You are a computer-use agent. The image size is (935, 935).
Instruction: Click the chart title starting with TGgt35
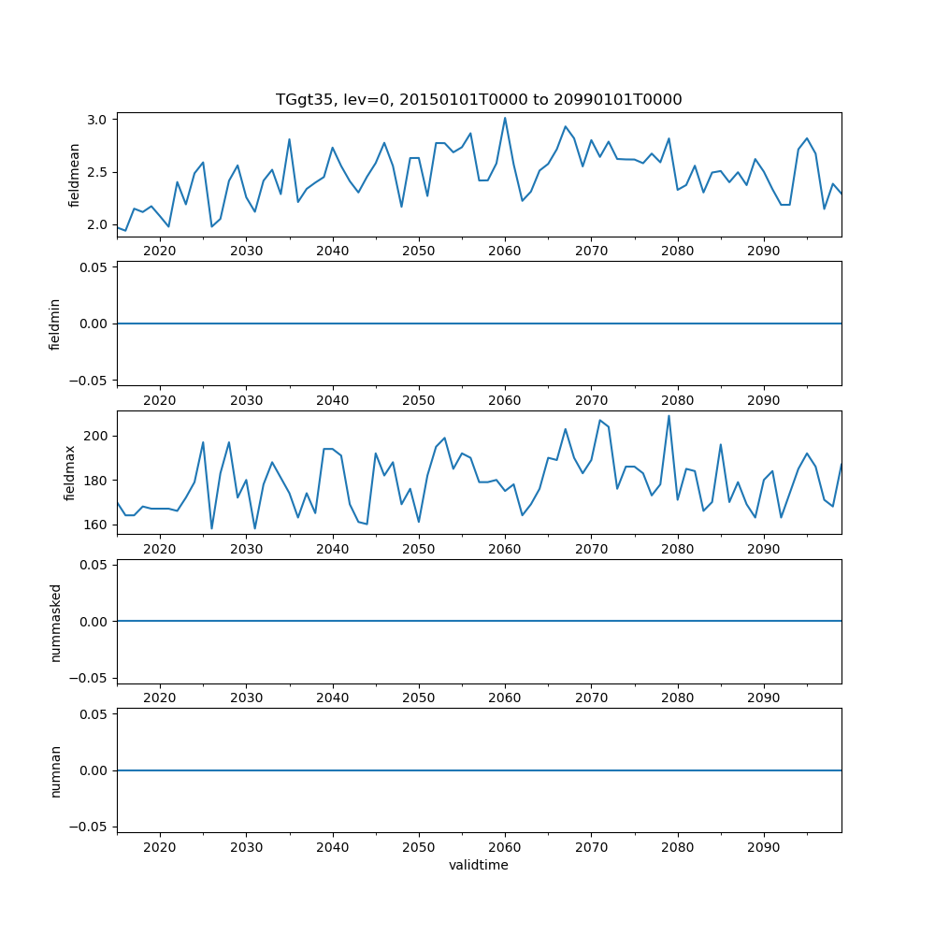(x=479, y=99)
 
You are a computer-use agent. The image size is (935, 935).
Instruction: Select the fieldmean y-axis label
(x=74, y=175)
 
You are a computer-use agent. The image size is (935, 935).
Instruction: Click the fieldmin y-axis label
(x=55, y=324)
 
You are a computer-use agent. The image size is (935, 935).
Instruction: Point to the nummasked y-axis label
(x=55, y=621)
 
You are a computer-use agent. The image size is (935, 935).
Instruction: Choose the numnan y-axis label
(x=55, y=770)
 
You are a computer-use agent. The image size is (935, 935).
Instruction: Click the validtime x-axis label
(x=479, y=865)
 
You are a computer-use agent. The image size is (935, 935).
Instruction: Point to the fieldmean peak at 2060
(x=505, y=118)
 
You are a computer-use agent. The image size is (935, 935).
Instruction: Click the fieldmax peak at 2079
(x=669, y=416)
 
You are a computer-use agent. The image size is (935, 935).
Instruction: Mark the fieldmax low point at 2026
(x=211, y=528)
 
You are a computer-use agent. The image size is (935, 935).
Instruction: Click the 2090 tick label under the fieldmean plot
(x=764, y=251)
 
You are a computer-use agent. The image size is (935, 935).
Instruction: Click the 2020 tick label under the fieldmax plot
(x=160, y=549)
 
